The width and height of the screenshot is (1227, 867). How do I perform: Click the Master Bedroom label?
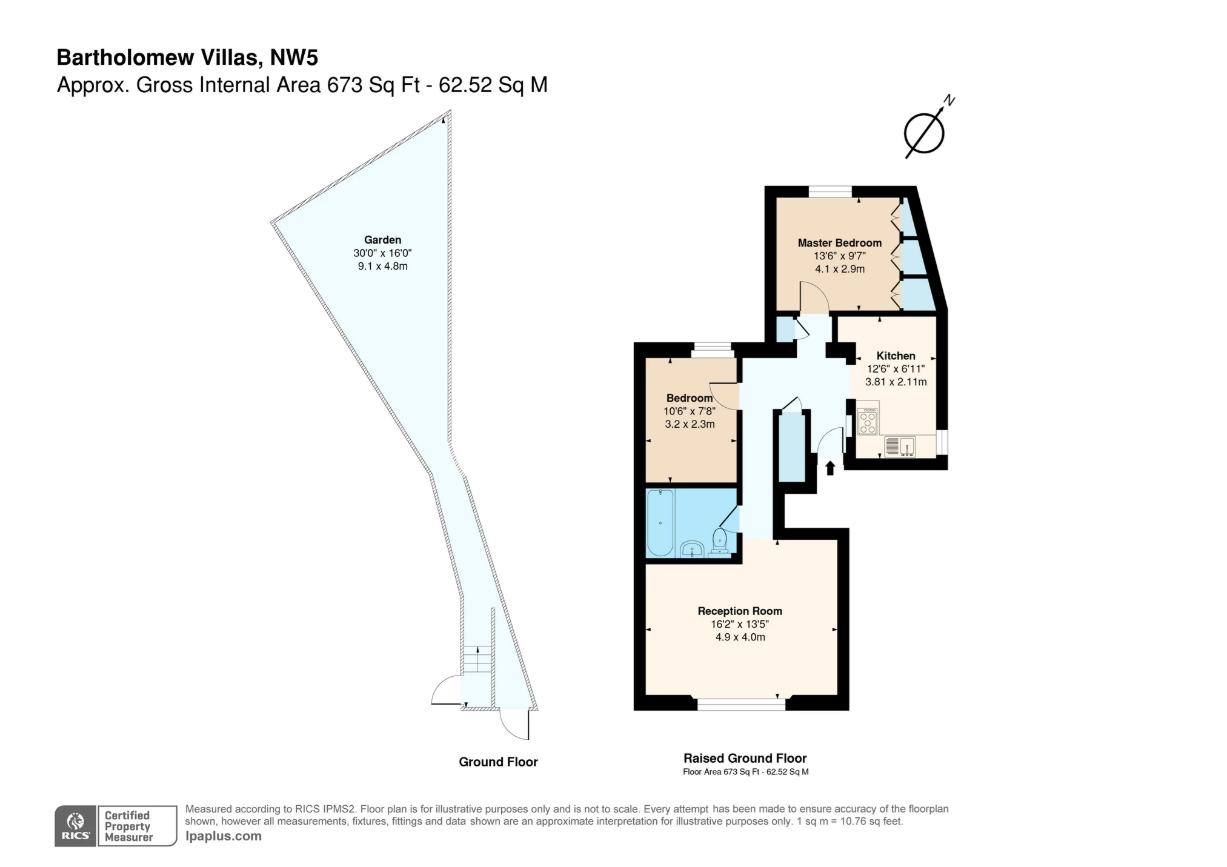pyautogui.click(x=839, y=243)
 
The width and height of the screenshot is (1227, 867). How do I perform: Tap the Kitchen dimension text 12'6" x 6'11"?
pyautogui.click(x=895, y=369)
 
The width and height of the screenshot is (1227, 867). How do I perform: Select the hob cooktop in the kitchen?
pyautogui.click(x=867, y=421)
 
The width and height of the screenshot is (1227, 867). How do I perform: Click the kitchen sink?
pyautogui.click(x=899, y=447)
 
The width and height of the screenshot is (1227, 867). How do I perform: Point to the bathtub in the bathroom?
pyautogui.click(x=660, y=522)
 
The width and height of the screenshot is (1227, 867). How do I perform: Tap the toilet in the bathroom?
pyautogui.click(x=719, y=540)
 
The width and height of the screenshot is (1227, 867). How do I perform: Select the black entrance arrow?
pyautogui.click(x=830, y=468)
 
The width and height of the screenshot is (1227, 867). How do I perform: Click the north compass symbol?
pyautogui.click(x=925, y=132)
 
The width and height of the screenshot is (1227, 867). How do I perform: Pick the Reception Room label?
pyautogui.click(x=739, y=611)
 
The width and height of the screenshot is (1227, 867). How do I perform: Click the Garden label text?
pyautogui.click(x=382, y=240)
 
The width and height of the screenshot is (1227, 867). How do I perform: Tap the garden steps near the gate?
pyautogui.click(x=477, y=659)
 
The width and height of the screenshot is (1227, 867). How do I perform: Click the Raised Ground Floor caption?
pyautogui.click(x=745, y=758)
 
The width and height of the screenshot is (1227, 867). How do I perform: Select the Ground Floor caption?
pyautogui.click(x=498, y=762)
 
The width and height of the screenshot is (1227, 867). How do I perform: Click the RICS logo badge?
pyautogui.click(x=76, y=826)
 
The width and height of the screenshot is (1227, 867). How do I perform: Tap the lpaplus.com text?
pyautogui.click(x=223, y=836)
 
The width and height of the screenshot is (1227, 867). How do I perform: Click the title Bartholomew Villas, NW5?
pyautogui.click(x=187, y=58)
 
